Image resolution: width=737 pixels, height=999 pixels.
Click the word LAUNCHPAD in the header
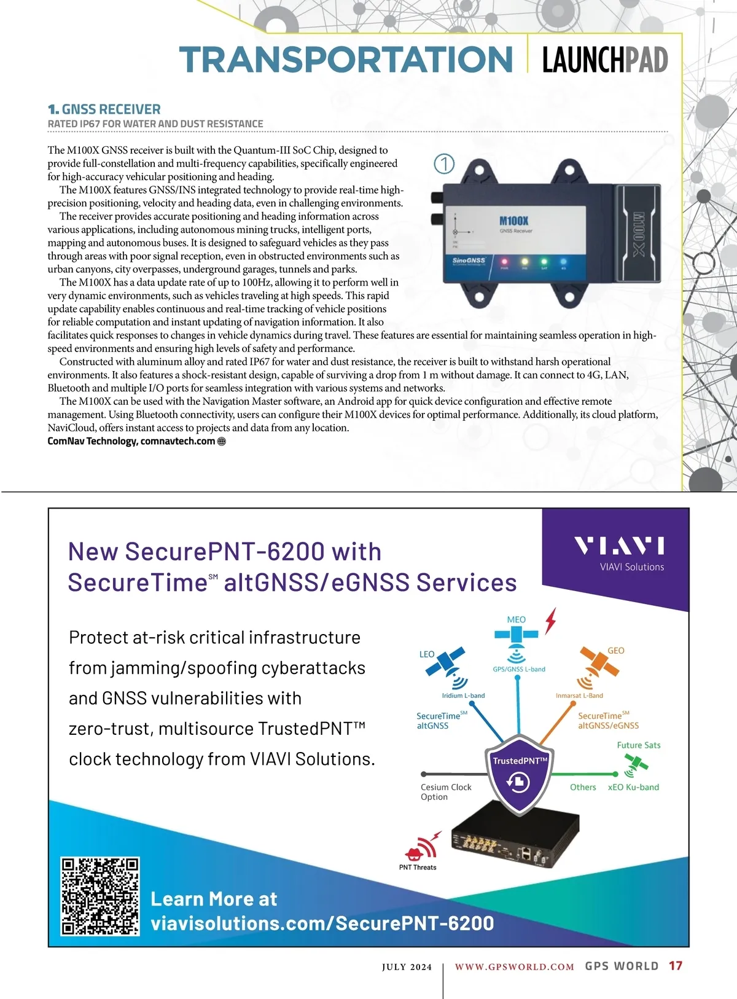click(x=604, y=60)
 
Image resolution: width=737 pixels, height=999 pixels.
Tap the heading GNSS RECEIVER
click(x=111, y=109)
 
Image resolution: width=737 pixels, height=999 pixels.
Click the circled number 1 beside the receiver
click(x=444, y=163)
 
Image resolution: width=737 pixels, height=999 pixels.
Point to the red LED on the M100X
click(x=505, y=262)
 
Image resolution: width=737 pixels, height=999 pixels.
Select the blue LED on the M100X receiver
click(x=564, y=262)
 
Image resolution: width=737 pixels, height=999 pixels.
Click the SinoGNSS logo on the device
click(x=469, y=261)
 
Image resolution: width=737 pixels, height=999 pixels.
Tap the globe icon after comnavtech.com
click(x=222, y=441)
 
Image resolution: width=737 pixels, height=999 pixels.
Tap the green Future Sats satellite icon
click(x=636, y=763)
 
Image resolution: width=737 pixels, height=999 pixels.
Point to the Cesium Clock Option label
click(x=446, y=792)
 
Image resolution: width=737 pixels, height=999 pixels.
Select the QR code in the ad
click(x=100, y=896)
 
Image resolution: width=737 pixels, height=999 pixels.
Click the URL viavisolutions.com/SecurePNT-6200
click(x=322, y=923)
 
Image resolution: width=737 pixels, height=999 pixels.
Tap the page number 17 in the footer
click(x=676, y=966)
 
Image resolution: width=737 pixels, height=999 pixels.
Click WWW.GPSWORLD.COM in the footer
click(x=514, y=966)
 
